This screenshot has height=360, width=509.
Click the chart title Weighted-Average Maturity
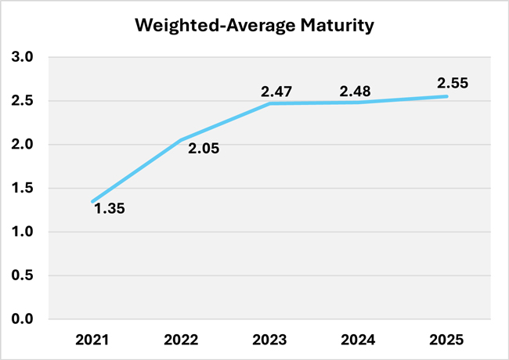pyautogui.click(x=254, y=25)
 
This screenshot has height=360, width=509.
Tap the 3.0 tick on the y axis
pyautogui.click(x=22, y=57)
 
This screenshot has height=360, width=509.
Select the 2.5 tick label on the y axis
pyautogui.click(x=22, y=101)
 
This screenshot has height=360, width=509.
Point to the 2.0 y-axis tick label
pyautogui.click(x=22, y=145)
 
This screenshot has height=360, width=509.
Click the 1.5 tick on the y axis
pyautogui.click(x=22, y=189)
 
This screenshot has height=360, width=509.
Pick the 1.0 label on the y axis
pyautogui.click(x=22, y=232)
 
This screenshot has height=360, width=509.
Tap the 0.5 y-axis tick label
pyautogui.click(x=22, y=275)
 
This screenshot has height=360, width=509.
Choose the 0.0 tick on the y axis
pyautogui.click(x=22, y=319)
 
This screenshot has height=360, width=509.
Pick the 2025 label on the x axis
pyautogui.click(x=447, y=340)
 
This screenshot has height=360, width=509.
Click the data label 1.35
pyautogui.click(x=110, y=209)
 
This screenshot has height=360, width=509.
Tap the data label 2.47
pyautogui.click(x=276, y=92)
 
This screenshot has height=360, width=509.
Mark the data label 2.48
pyautogui.click(x=356, y=92)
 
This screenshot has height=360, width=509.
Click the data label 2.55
pyautogui.click(x=452, y=82)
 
